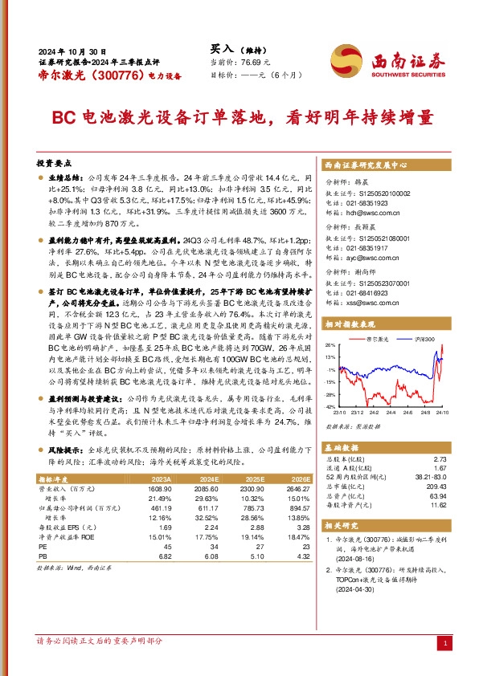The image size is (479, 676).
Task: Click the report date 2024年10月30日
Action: [72, 49]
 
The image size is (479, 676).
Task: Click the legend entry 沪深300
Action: [424, 341]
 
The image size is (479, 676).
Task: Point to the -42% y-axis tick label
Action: [329, 408]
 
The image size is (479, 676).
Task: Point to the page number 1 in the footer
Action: [444, 642]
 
